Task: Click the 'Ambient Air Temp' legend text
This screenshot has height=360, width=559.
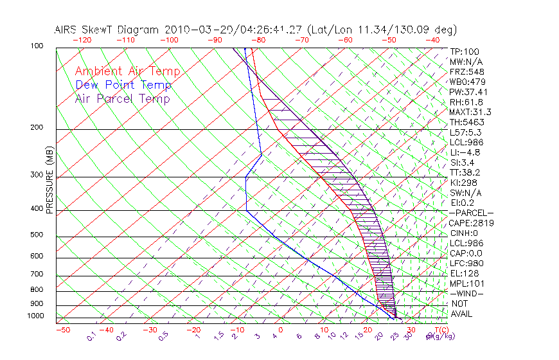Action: point(128,72)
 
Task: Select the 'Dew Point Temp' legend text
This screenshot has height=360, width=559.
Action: point(123,85)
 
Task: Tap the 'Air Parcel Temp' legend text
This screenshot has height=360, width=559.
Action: point(123,98)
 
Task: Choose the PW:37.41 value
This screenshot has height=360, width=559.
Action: point(468,92)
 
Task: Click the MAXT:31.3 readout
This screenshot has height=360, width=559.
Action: point(469,112)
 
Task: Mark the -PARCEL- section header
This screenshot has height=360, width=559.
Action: point(470,213)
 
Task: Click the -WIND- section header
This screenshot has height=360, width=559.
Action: point(467,294)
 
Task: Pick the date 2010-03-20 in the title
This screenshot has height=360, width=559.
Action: point(191,30)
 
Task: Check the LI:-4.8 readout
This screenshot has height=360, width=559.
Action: point(465,152)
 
